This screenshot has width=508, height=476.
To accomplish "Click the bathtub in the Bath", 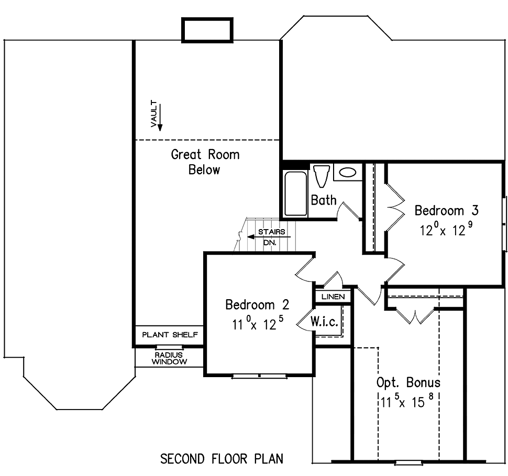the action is [295, 194].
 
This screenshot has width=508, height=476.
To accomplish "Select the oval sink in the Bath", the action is [348, 172].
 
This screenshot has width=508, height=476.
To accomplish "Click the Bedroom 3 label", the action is [446, 210].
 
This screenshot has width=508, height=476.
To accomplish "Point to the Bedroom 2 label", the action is [257, 304].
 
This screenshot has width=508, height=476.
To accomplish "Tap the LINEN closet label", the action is [333, 297].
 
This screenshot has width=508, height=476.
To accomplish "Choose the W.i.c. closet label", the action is [324, 321].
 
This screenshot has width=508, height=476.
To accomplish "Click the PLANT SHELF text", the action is [170, 335].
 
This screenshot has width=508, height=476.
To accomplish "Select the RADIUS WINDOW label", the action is [169, 358].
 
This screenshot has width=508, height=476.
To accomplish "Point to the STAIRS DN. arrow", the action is [269, 237].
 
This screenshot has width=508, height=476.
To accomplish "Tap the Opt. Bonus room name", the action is [408, 382].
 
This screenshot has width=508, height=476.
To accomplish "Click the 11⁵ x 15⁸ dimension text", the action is [407, 401].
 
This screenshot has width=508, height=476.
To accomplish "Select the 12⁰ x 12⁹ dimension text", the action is [446, 229].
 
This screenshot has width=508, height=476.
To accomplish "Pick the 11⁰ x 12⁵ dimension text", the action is [258, 323].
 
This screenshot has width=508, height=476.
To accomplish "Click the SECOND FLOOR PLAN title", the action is [222, 459].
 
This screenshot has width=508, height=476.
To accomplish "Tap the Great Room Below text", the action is [205, 162].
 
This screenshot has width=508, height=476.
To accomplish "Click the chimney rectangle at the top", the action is [207, 30].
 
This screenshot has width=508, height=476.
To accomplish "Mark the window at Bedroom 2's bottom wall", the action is [260, 376].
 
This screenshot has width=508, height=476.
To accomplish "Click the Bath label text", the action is [324, 200].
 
